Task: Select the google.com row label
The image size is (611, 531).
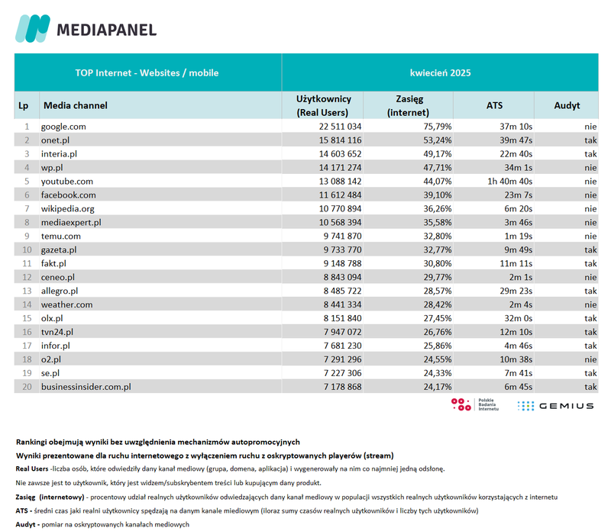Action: (63, 127)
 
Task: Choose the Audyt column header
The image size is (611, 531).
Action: (567, 106)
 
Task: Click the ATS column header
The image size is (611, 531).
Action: (494, 106)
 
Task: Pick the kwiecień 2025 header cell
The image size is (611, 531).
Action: (440, 73)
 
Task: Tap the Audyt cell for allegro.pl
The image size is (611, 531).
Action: (590, 291)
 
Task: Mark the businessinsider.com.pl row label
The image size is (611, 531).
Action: (86, 387)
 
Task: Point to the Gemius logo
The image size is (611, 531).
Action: (555, 406)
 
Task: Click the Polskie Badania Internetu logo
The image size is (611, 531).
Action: (474, 405)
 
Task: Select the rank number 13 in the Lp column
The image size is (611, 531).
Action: (26, 291)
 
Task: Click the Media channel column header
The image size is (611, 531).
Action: (75, 106)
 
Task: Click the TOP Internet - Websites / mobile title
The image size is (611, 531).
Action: (147, 73)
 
